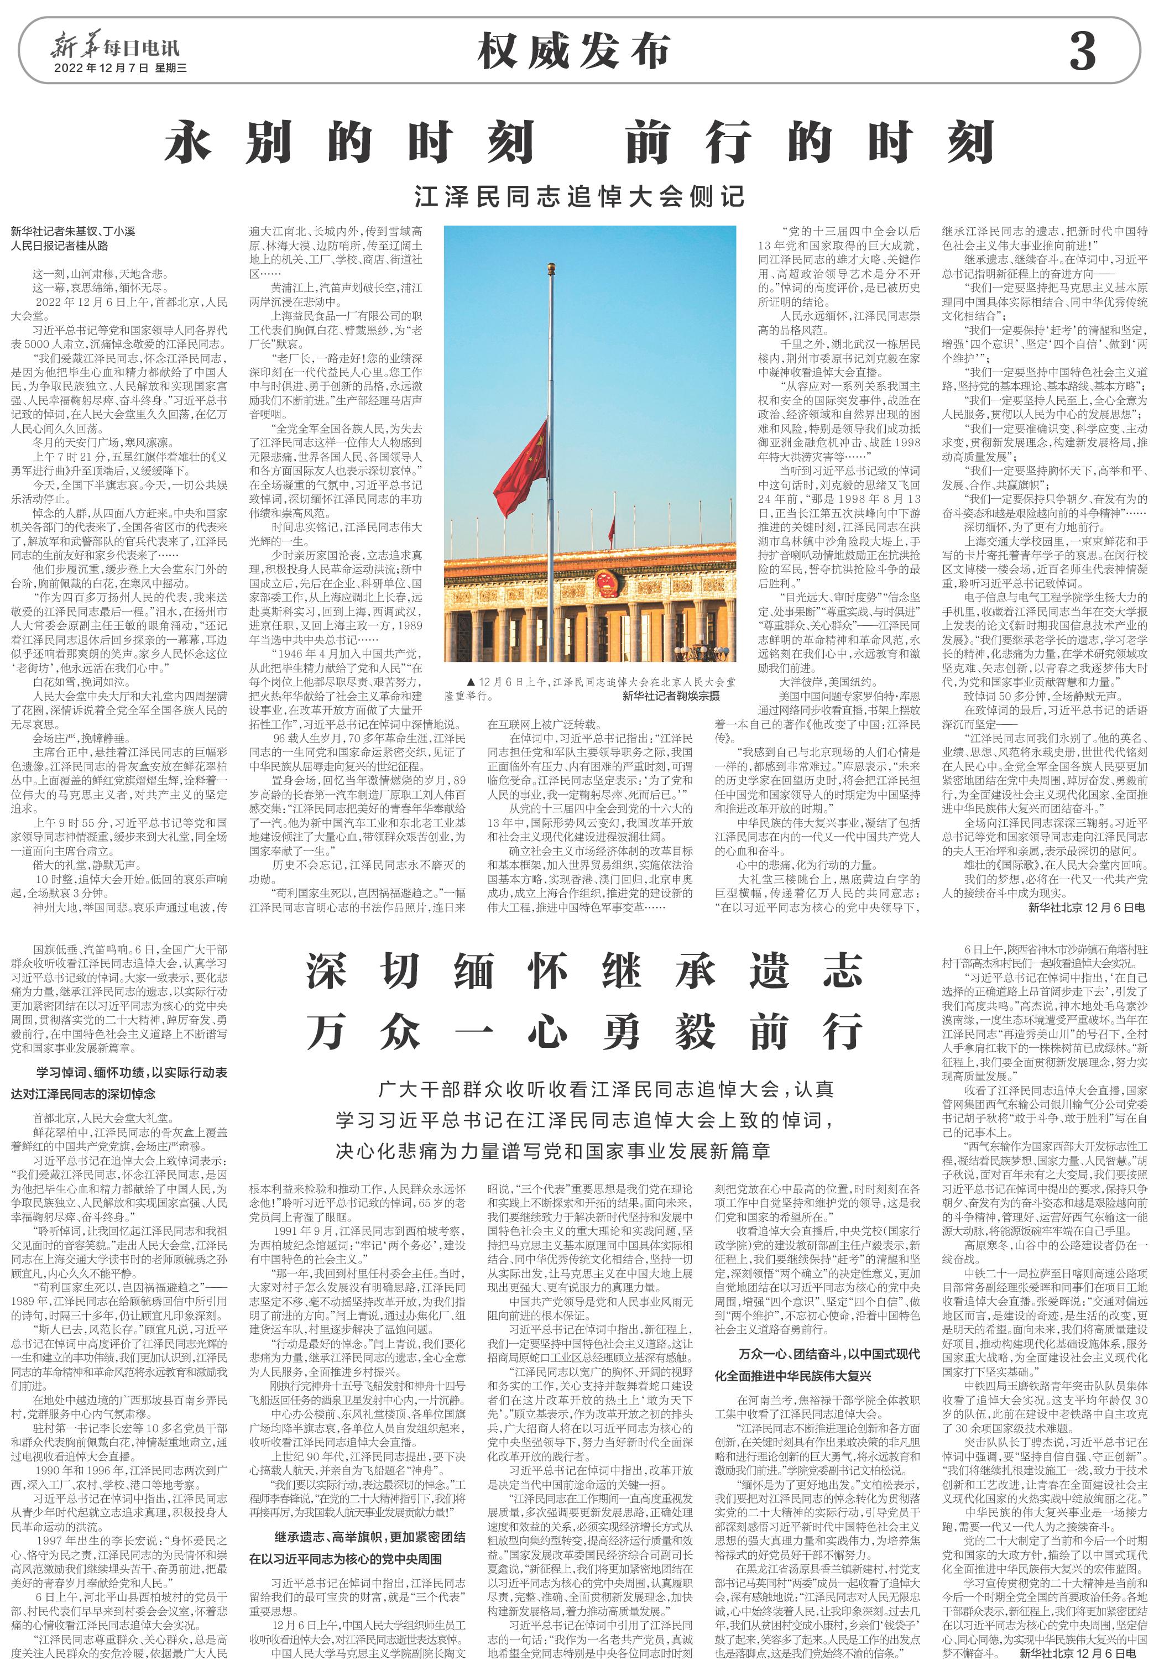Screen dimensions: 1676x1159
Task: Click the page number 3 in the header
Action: pos(1082,51)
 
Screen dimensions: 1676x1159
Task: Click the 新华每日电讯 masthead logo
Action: pos(114,47)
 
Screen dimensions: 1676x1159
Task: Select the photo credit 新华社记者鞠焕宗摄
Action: pos(671,696)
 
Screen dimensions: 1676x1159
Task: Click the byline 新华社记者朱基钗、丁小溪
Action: pos(72,232)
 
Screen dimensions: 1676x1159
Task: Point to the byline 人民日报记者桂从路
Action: pos(60,246)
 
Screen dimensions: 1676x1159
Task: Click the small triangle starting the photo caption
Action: pos(471,682)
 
